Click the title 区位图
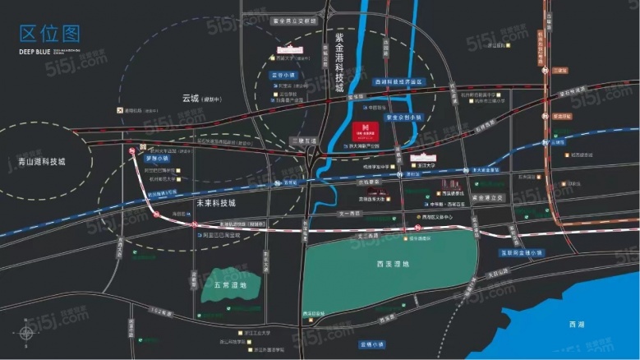point(50,34)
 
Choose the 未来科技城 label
point(216,202)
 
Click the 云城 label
point(191,98)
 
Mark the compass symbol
point(26,333)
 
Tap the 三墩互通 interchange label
point(306,141)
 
